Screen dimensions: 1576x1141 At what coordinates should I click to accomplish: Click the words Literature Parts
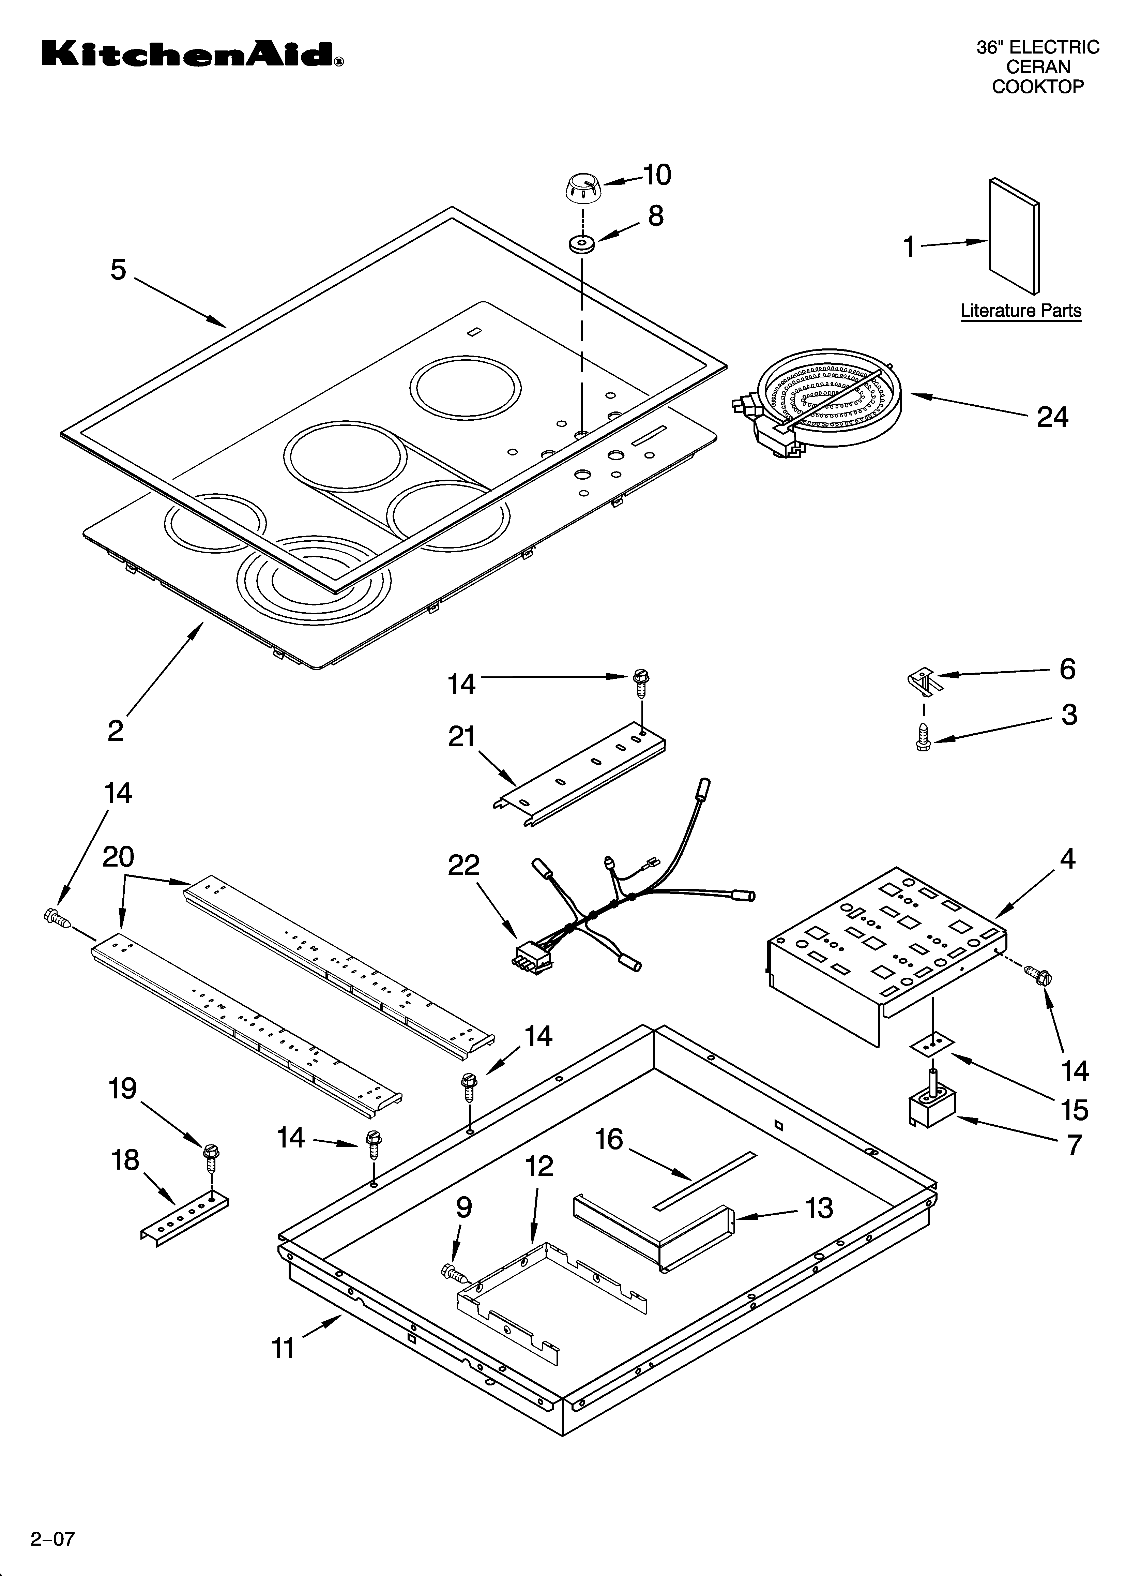[x=1021, y=311]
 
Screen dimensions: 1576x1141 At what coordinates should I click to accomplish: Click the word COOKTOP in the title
[x=1037, y=87]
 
